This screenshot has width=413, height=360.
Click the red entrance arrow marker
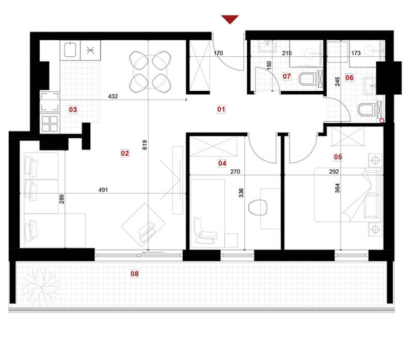pos(230,19)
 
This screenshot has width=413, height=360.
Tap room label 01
pos(221,109)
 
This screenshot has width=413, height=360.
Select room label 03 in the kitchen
pos(73,109)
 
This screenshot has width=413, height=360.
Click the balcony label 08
pos(135,274)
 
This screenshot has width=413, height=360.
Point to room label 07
pos(287,76)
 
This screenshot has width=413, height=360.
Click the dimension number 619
pos(145,145)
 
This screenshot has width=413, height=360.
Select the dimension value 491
pos(103,190)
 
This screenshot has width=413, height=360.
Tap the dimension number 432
pos(113,96)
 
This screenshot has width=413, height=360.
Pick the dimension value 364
pos(338,188)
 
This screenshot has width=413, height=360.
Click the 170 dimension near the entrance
pos(218,53)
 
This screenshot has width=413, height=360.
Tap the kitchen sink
pos(70,50)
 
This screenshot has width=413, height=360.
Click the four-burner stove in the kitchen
pos(50,124)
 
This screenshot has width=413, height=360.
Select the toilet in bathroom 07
pos(308,79)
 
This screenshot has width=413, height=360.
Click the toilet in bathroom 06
pos(367,110)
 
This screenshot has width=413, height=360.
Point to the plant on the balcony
pos(40,286)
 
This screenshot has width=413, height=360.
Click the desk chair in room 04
pos(258,207)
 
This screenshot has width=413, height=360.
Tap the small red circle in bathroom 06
pos(382,121)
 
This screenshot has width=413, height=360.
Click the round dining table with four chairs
pos(150,72)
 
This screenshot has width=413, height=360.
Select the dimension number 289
pos(61,199)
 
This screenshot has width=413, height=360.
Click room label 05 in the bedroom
pos(338,157)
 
